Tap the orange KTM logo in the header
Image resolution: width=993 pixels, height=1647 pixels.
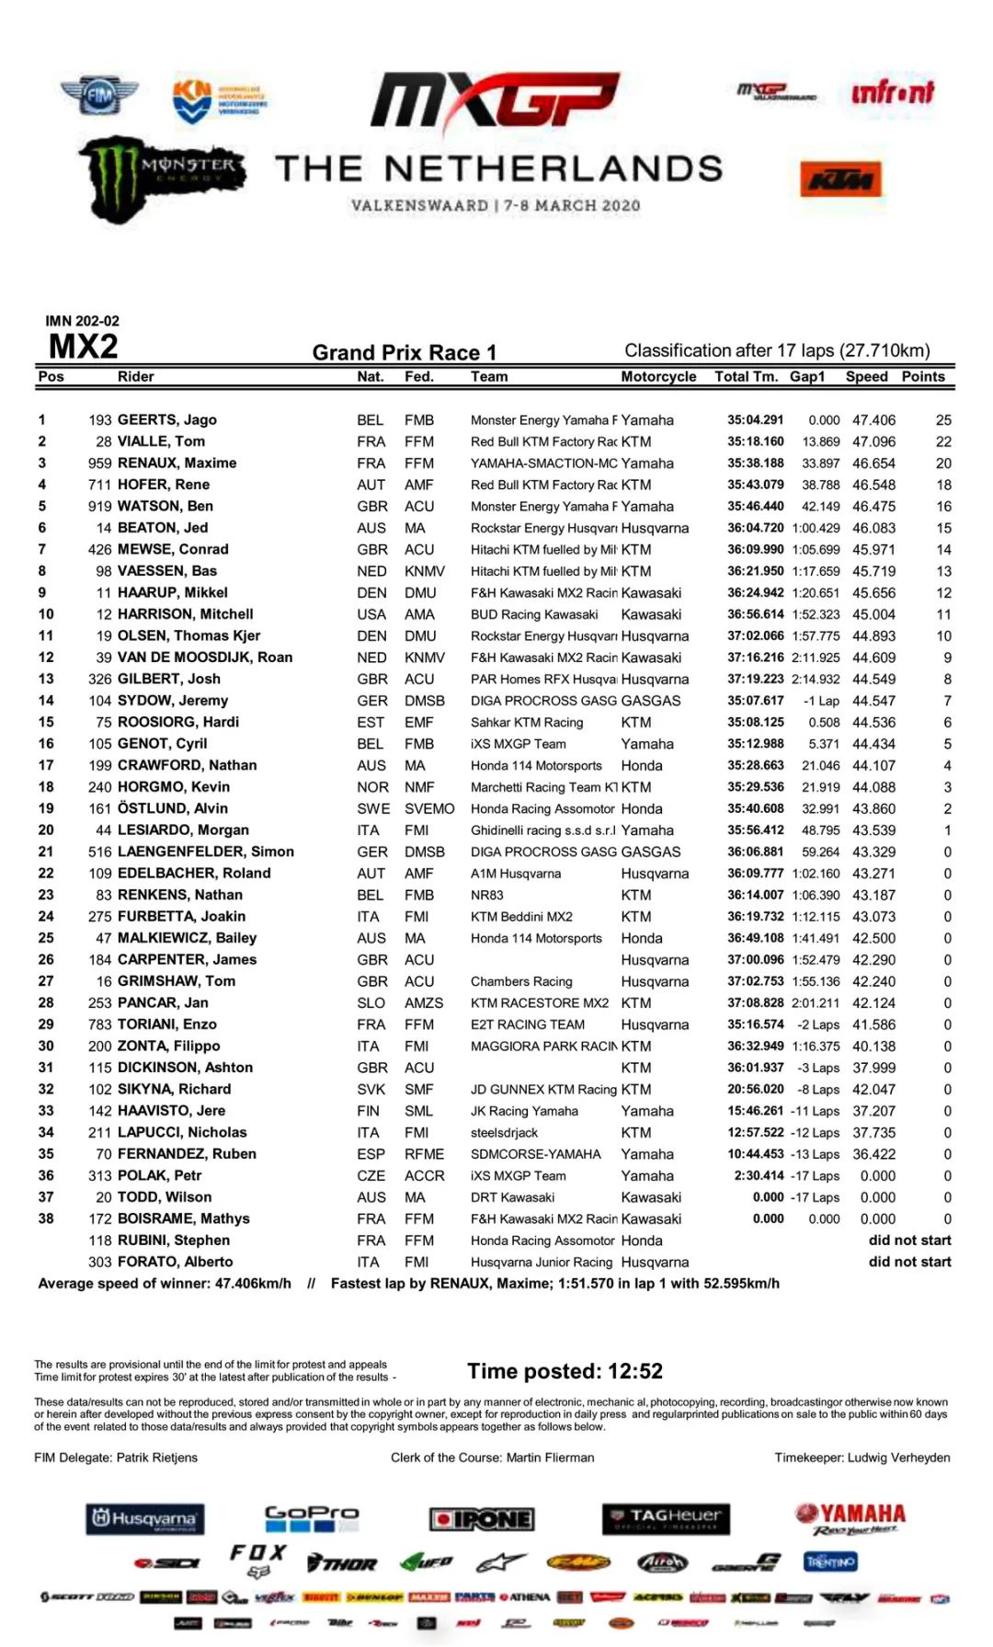tap(839, 179)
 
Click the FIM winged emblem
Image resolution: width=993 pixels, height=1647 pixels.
tap(99, 95)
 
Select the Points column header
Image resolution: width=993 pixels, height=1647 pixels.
tap(922, 376)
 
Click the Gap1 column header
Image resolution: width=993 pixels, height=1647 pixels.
tap(807, 376)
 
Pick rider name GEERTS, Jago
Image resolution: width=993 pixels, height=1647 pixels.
tap(166, 419)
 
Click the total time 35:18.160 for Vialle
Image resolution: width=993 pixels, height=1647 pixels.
tap(755, 441)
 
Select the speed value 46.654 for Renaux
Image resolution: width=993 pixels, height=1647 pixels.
tap(873, 463)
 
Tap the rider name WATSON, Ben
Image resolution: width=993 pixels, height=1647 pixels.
tap(165, 506)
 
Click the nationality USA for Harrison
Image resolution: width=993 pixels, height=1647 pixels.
tap(371, 614)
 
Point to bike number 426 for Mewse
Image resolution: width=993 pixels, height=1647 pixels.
tap(99, 549)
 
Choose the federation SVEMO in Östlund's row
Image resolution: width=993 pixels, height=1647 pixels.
tap(429, 808)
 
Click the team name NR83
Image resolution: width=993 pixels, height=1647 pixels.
tap(486, 895)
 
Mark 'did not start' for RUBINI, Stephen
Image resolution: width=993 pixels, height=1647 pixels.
tap(909, 1240)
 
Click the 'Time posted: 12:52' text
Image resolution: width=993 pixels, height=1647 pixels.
tap(565, 1371)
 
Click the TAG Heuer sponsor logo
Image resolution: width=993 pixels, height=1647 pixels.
tap(666, 1518)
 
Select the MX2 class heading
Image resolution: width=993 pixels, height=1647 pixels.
tap(83, 347)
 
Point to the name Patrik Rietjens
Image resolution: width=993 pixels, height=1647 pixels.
tap(156, 1458)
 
